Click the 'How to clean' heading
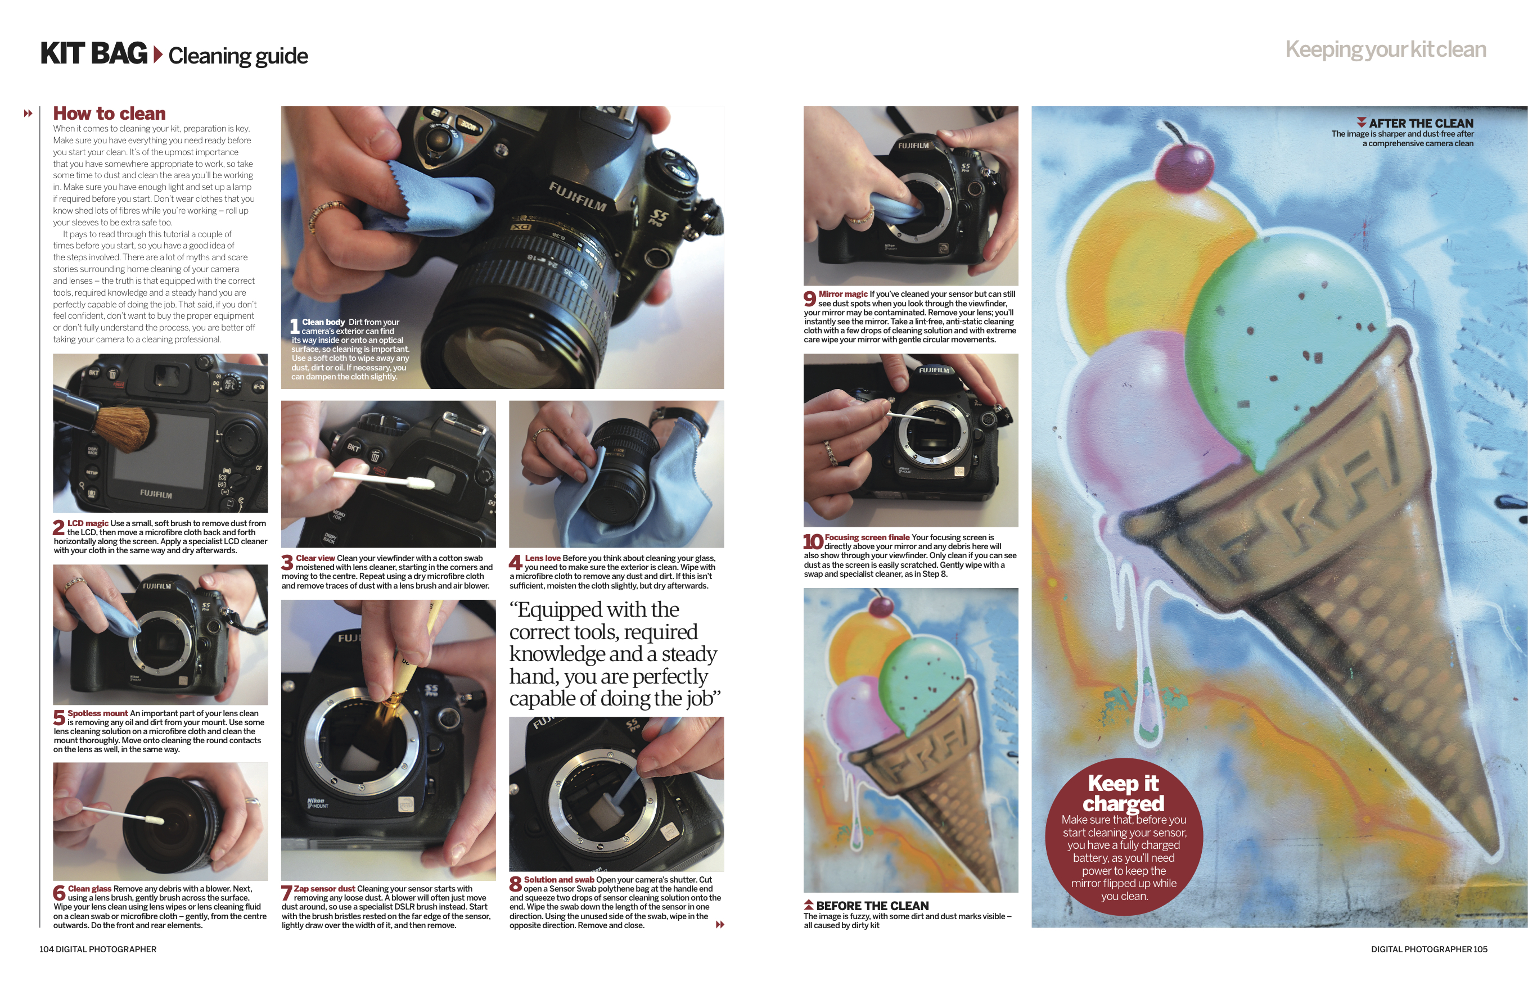(x=109, y=114)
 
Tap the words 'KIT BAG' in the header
(x=93, y=53)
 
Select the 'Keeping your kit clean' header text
(x=1385, y=50)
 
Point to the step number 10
(x=813, y=542)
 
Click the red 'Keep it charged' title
(x=1123, y=793)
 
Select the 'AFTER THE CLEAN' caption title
(x=1421, y=123)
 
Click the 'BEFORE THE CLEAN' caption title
(x=872, y=905)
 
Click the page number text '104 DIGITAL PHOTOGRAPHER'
(x=98, y=949)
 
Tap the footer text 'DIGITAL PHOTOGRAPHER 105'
(x=1428, y=949)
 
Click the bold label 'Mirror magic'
(x=843, y=294)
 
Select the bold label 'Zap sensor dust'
(x=324, y=889)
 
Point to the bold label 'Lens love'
(x=543, y=558)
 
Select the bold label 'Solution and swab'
(x=559, y=880)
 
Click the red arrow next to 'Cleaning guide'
(x=157, y=55)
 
